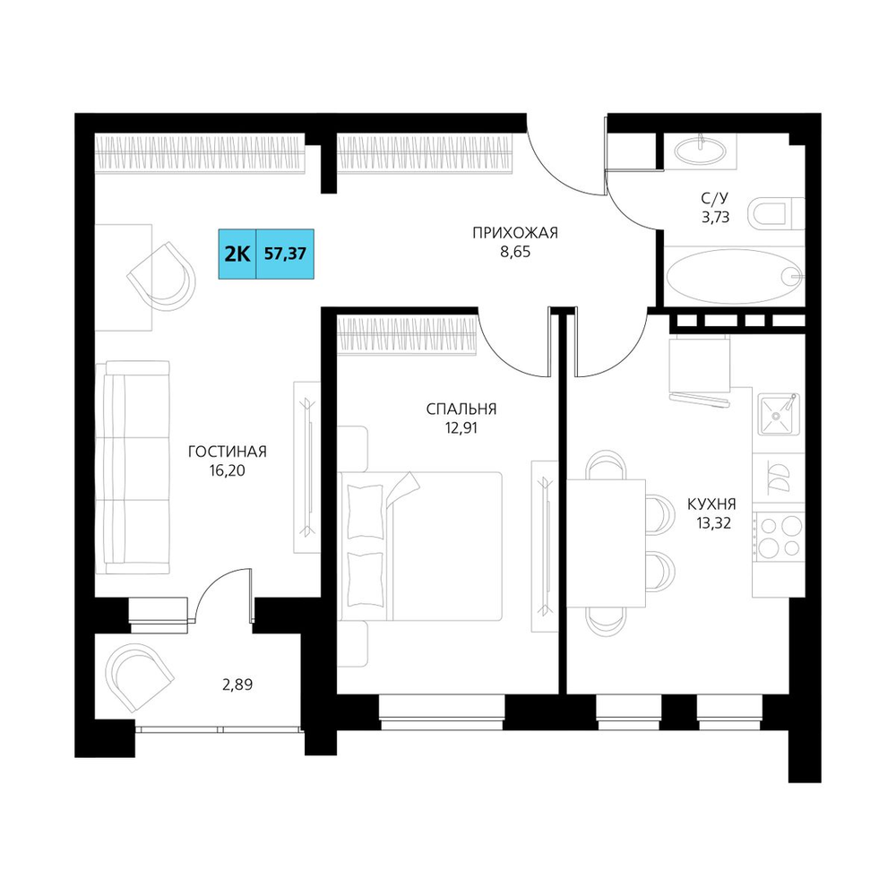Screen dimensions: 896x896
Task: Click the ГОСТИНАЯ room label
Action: coord(228,452)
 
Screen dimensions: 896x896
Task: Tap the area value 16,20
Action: coord(228,471)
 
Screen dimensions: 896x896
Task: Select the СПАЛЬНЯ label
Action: coord(461,409)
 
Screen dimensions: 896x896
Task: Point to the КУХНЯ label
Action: coord(711,504)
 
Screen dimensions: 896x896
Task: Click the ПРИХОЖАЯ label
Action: coord(515,233)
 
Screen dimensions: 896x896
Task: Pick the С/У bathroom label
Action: coord(715,198)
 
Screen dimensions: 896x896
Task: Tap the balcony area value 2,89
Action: coord(237,684)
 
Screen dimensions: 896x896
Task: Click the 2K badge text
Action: coord(237,254)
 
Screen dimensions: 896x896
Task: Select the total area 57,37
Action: coord(285,254)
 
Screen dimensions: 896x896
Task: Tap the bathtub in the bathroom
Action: coord(735,276)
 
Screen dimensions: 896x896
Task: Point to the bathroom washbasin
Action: coord(701,151)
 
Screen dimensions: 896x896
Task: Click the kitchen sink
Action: coord(778,414)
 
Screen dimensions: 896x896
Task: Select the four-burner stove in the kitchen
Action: coord(780,536)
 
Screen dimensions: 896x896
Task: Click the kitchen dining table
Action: coord(606,543)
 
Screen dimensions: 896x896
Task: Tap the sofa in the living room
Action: coord(133,467)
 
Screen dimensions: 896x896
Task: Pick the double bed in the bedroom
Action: coord(420,546)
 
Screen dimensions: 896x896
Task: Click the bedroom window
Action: coord(442,712)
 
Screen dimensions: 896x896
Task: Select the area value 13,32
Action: coord(714,523)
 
